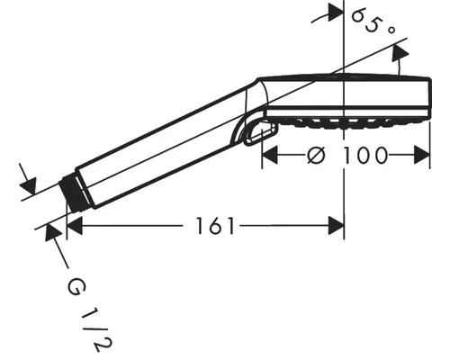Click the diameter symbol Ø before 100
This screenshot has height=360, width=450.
point(314,155)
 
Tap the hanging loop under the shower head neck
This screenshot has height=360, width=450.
point(257,133)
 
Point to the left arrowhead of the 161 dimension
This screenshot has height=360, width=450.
point(75,226)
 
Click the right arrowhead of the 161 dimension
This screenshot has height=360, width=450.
point(337,226)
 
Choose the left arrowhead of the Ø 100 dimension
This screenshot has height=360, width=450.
point(269,155)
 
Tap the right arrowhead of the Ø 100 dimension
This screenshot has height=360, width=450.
point(425,155)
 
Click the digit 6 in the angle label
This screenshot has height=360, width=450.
point(358,16)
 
